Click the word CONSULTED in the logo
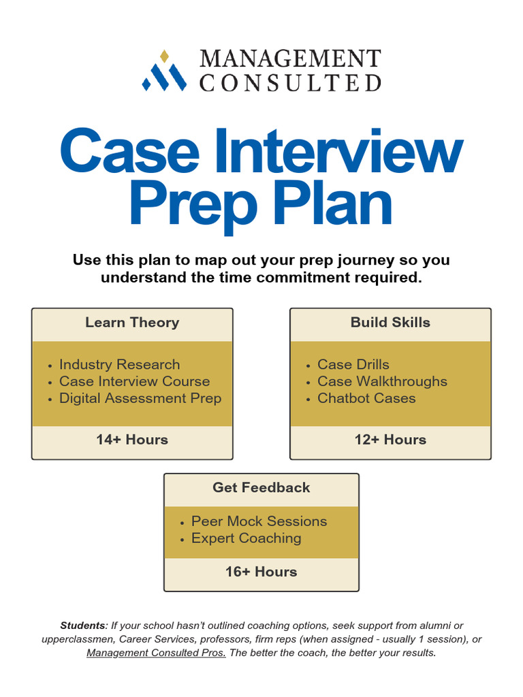pos(290,83)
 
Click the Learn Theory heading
pos(132,323)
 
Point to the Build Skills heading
pos(390,323)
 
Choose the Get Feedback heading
pos(261,487)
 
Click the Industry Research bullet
pos(119,364)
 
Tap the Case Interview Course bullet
pos(134,381)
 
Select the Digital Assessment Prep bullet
pos(140,398)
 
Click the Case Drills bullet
pos(353,364)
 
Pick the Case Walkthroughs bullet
pos(382,381)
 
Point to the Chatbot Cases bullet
pos(366,398)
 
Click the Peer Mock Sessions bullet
pos(259,521)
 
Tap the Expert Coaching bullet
pos(246,538)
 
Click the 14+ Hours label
pos(132,440)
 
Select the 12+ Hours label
pos(390,440)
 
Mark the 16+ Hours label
pos(261,572)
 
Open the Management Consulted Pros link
pos(156,653)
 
